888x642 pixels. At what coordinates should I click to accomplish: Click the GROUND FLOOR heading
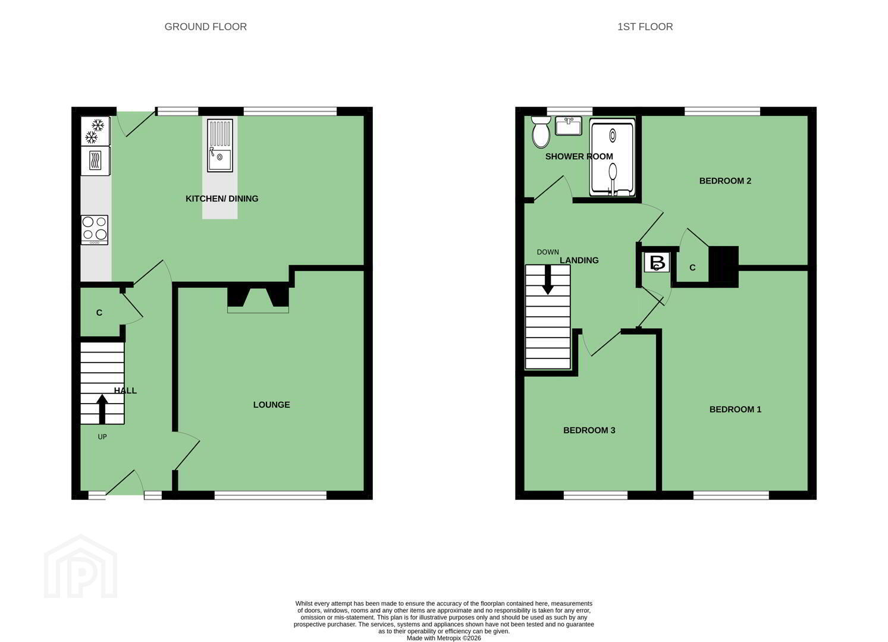point(205,27)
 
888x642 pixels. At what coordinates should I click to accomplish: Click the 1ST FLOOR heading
point(645,27)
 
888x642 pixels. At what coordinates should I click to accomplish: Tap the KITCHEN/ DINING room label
point(222,199)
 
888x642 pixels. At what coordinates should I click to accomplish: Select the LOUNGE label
point(272,405)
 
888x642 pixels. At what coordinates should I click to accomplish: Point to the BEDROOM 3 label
point(589,430)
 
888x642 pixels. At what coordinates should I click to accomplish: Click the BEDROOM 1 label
point(735,410)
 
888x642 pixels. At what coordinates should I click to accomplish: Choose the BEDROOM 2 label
point(725,181)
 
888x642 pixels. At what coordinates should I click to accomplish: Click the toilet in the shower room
point(541,131)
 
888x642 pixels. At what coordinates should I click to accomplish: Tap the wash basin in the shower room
point(569,125)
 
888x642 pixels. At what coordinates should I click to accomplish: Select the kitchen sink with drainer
point(220,146)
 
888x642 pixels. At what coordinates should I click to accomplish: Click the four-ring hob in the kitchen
point(95,230)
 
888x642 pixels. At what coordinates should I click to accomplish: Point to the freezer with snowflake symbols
point(95,131)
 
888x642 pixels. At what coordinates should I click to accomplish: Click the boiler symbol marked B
point(657,262)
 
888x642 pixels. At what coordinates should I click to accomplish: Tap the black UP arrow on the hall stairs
point(102,409)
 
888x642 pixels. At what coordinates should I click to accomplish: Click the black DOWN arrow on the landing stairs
point(548,280)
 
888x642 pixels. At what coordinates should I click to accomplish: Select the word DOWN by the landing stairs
point(548,252)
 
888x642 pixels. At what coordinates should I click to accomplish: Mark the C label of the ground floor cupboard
point(99,313)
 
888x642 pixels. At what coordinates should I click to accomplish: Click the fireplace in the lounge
point(258,300)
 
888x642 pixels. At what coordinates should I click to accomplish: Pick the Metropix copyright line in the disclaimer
point(444,638)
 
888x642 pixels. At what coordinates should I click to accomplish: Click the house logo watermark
point(80,567)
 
